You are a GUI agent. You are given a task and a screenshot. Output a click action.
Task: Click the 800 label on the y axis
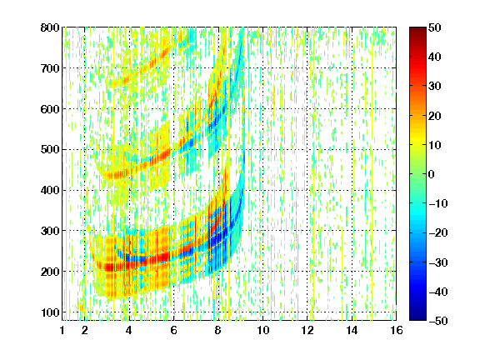(50, 27)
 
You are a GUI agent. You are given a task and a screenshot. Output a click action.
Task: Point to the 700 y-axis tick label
(50, 68)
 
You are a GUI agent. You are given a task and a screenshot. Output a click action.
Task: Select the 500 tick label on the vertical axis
(50, 150)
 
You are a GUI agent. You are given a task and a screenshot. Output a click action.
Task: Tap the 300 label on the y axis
(50, 231)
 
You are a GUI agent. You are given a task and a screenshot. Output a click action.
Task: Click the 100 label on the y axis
(50, 312)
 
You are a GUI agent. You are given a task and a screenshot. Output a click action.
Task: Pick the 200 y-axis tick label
(50, 272)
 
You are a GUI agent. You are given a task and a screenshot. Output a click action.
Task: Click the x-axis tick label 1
(62, 330)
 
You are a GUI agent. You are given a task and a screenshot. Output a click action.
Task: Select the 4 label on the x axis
(129, 330)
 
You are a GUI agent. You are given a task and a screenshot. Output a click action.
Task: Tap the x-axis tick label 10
(263, 330)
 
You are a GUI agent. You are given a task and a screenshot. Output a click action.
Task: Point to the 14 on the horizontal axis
(352, 330)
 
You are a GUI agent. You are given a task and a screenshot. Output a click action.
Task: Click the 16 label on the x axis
(397, 330)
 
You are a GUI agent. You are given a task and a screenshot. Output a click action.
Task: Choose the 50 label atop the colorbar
(435, 27)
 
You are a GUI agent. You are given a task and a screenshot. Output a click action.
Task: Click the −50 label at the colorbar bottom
(438, 321)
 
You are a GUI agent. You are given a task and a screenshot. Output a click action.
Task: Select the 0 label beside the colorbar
(432, 174)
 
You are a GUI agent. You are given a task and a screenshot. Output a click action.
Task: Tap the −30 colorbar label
(438, 262)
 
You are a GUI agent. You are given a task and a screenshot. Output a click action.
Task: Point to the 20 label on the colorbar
(435, 116)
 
